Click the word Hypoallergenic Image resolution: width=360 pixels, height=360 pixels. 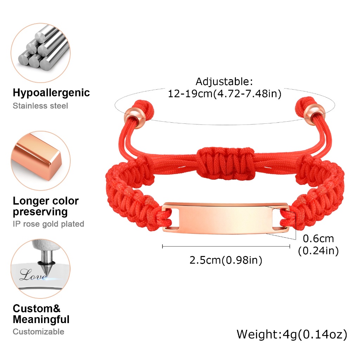(x=51, y=93)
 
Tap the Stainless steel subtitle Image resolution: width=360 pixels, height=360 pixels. (x=40, y=106)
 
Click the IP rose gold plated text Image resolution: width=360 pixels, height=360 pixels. (x=49, y=224)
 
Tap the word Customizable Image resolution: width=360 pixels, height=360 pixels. (x=38, y=332)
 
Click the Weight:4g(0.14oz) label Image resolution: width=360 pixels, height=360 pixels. (x=292, y=334)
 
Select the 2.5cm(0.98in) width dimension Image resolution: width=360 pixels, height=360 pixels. (x=226, y=260)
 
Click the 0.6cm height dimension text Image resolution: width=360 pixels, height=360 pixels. (x=318, y=239)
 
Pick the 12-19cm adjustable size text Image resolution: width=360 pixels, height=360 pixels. (x=225, y=94)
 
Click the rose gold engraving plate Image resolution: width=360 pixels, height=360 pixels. (x=225, y=218)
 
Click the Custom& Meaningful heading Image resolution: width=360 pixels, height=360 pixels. (x=41, y=314)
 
